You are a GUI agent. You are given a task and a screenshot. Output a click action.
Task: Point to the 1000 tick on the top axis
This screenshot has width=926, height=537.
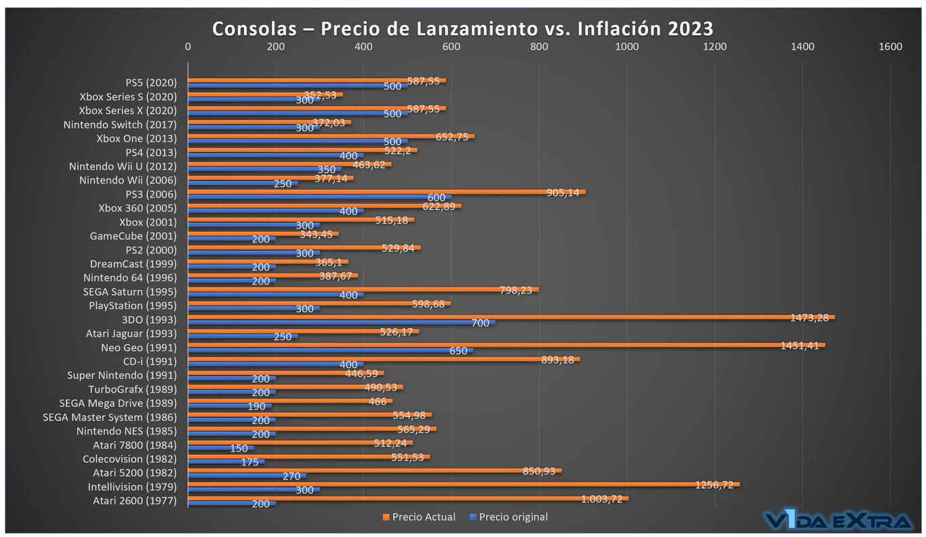point(626,47)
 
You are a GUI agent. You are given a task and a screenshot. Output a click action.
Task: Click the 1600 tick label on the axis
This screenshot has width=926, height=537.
point(890,47)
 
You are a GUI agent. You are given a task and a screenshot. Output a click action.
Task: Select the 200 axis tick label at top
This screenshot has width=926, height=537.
point(275,47)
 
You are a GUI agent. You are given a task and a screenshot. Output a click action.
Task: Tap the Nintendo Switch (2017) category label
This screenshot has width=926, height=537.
point(120,125)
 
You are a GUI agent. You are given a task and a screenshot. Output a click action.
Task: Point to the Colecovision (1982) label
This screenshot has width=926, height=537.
point(129,459)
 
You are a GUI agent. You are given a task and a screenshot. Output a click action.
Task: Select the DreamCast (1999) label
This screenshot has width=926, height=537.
point(133,264)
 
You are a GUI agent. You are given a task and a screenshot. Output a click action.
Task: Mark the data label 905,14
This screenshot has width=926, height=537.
point(563,193)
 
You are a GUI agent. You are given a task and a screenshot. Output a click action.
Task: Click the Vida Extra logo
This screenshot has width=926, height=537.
point(838,521)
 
